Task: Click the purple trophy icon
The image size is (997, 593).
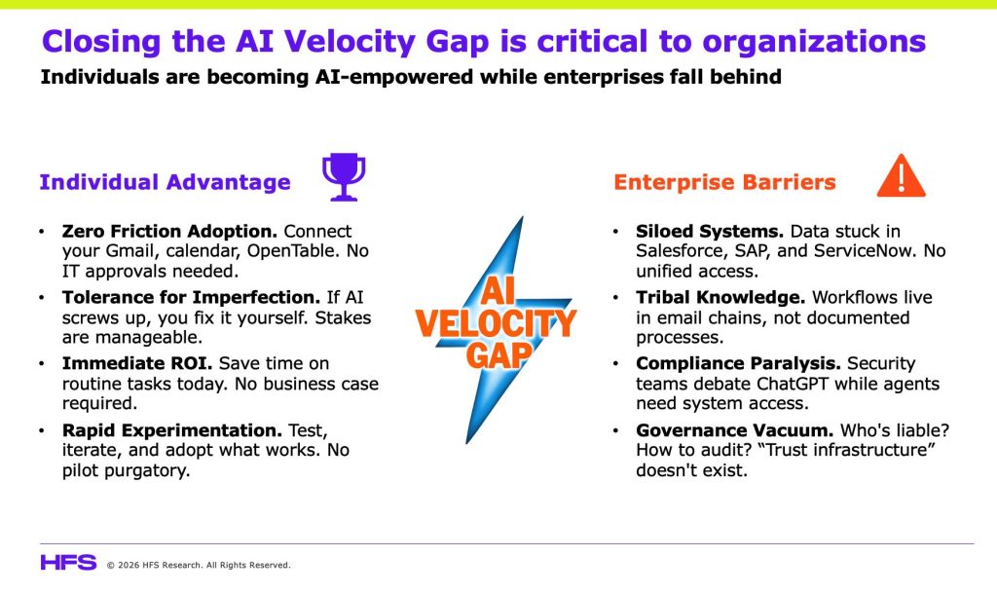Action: tap(344, 176)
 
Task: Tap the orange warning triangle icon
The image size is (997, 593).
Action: tap(901, 176)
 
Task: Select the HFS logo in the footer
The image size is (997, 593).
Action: tap(68, 563)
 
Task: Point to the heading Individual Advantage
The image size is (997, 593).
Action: tap(165, 182)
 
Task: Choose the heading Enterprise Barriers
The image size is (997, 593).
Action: tap(724, 182)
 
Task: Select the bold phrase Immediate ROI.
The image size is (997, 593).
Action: tap(137, 363)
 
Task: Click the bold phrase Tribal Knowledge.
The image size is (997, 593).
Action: tap(720, 297)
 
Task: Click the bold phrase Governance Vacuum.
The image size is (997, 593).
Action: tap(734, 430)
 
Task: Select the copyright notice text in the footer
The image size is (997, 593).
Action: tap(199, 565)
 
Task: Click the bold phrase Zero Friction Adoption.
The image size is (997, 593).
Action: tap(169, 232)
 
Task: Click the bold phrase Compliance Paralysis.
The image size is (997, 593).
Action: tap(738, 363)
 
